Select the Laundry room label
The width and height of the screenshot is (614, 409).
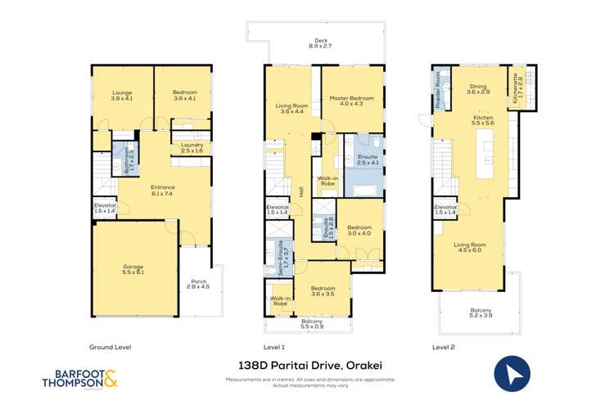point(192,148)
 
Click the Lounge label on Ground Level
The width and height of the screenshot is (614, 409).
point(122,96)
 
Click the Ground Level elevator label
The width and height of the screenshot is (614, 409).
point(105,208)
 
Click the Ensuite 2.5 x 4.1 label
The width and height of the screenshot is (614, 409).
point(365,159)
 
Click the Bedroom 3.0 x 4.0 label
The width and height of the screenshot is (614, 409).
point(359,230)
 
